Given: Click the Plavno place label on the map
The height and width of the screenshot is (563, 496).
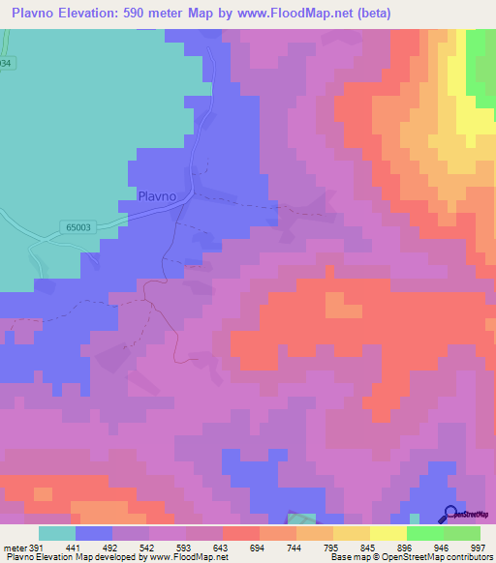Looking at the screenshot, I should coord(157,195).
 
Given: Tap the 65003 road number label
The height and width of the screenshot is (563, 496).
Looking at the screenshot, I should coord(81,227).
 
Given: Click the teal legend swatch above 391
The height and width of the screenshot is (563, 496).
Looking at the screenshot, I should coord(57,533).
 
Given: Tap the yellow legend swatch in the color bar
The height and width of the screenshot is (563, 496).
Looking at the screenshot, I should coord(388,533).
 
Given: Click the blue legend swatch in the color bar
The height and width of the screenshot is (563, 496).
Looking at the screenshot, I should coord(94,533).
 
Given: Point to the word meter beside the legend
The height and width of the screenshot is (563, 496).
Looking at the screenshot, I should coord(15,547).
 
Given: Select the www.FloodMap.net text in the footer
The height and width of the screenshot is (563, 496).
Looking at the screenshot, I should coord(188,557).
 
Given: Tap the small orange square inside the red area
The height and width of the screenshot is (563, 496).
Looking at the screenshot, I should coord(340,304).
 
